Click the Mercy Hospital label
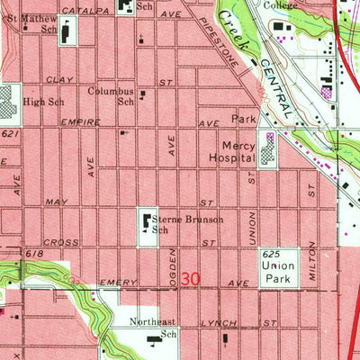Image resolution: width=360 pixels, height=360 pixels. [x=237, y=152]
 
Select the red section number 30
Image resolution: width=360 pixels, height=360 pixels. [x=189, y=280]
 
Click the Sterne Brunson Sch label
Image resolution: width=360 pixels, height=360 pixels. [x=186, y=223]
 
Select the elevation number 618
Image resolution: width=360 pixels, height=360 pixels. [x=34, y=256]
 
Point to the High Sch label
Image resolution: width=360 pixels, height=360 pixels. [x=42, y=102]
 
